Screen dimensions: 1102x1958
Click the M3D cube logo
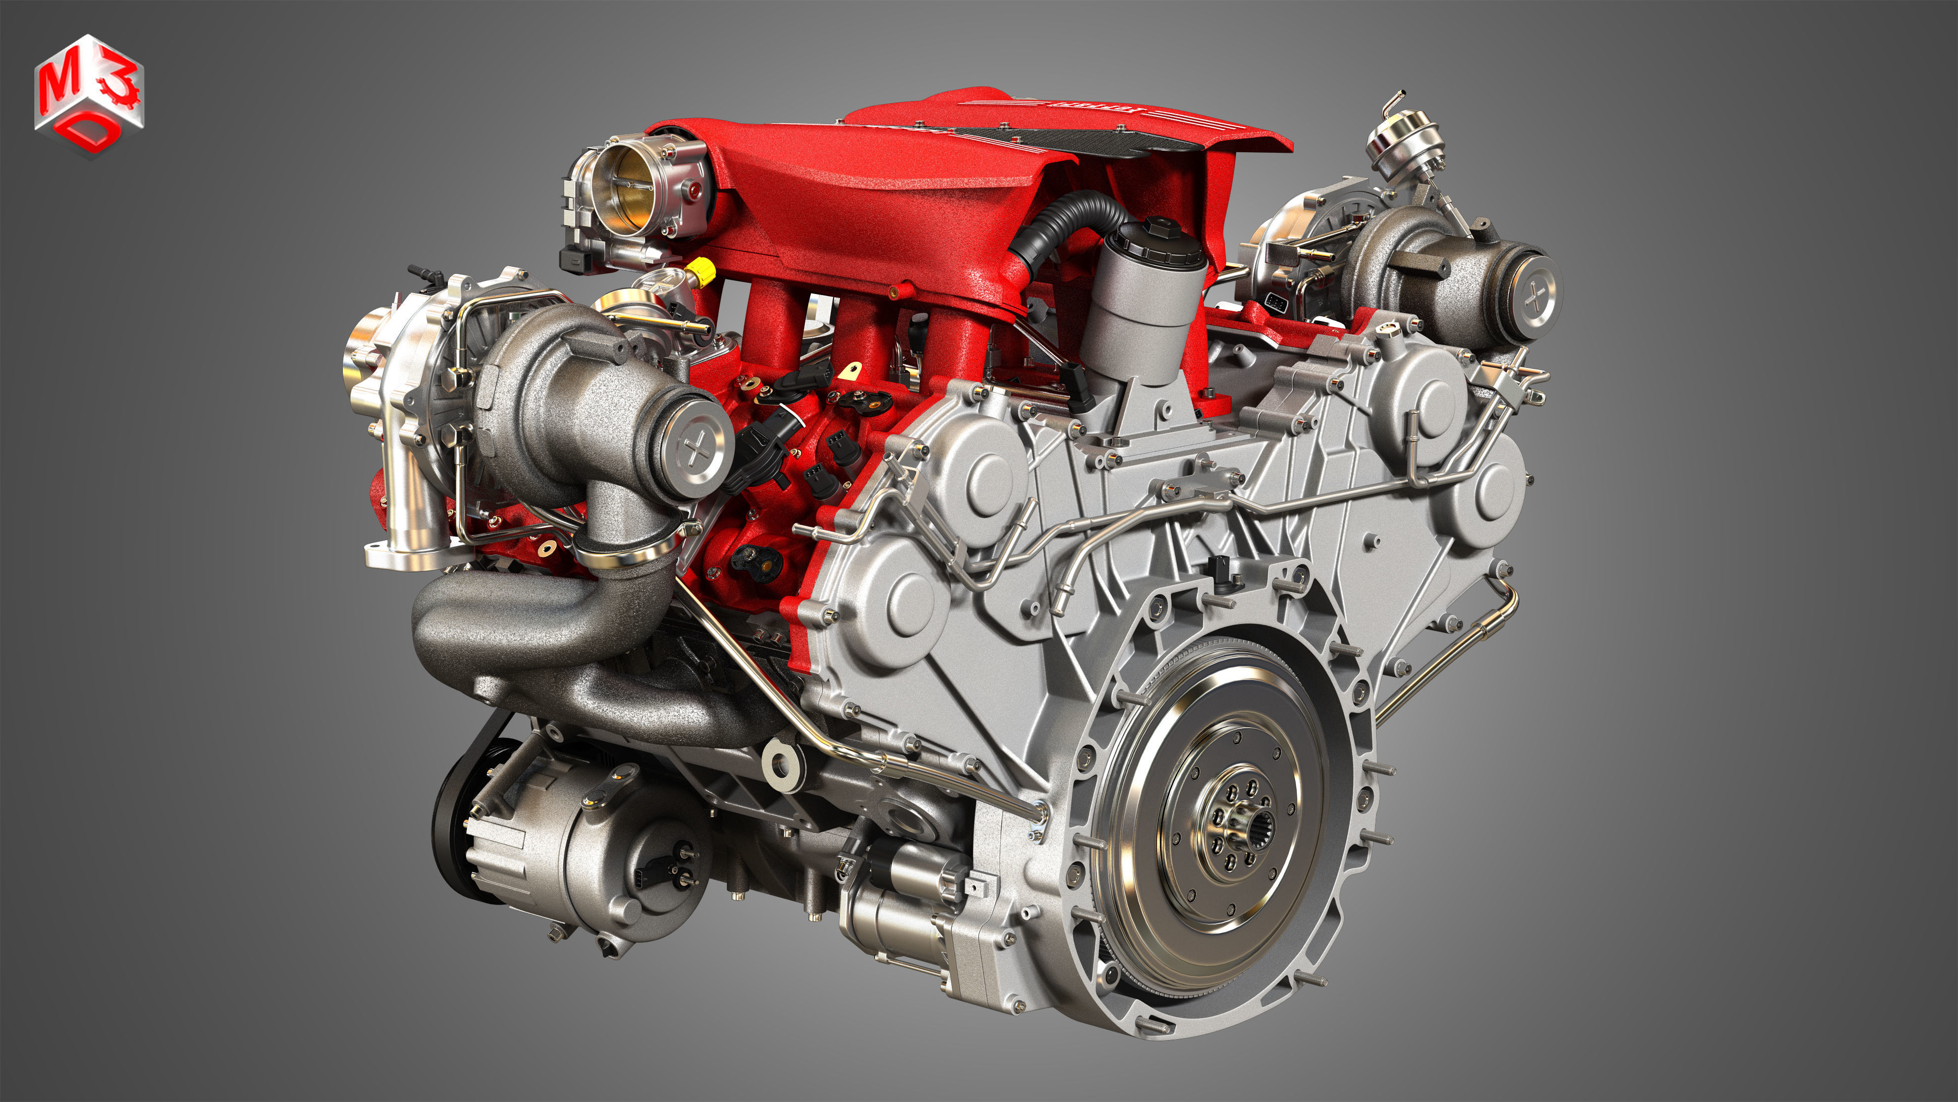click(x=89, y=94)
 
